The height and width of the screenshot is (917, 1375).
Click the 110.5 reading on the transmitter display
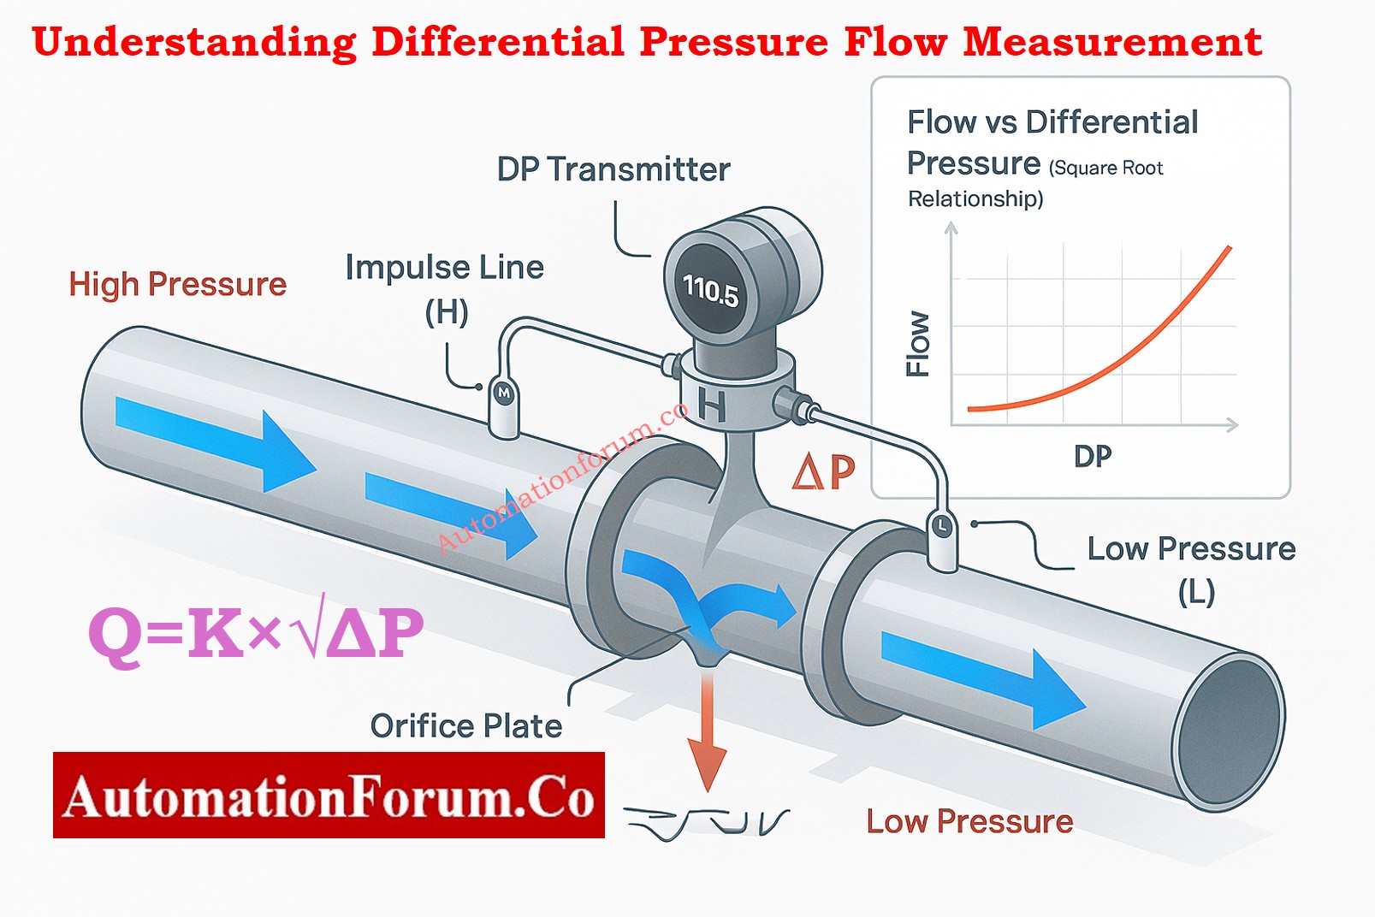[x=710, y=290]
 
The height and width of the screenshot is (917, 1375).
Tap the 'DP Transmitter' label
[x=613, y=169]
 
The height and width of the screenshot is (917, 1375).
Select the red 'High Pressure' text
[x=177, y=284]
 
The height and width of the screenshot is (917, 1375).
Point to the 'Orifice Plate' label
[x=466, y=726]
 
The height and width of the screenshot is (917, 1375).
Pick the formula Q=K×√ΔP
[x=256, y=633]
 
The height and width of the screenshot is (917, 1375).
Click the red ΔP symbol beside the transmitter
[x=823, y=471]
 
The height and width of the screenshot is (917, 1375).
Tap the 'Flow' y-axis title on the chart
[x=918, y=344]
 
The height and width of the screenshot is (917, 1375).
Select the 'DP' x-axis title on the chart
[x=1093, y=457]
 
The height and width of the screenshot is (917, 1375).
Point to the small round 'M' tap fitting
[x=503, y=393]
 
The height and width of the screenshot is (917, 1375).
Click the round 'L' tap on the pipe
[x=941, y=526]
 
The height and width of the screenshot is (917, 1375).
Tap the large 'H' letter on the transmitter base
[x=712, y=405]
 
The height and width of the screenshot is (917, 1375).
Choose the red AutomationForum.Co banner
[x=329, y=795]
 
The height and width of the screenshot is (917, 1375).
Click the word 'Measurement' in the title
[x=1111, y=42]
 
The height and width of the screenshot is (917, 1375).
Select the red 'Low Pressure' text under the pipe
[x=969, y=821]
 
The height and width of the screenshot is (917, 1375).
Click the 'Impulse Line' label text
[x=444, y=268]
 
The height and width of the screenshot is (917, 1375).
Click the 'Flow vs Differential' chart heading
[x=1052, y=122]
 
